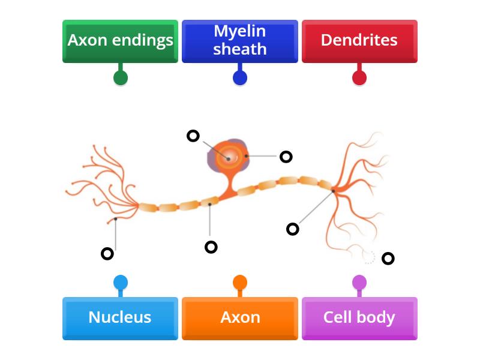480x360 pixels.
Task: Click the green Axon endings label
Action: pos(120,41)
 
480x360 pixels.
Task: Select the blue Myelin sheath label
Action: pos(240,41)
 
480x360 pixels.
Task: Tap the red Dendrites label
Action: pos(359,41)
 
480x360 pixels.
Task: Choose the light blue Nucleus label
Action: pos(120,317)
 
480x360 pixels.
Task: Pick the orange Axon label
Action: pos(240,317)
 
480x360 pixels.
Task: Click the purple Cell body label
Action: pos(359,317)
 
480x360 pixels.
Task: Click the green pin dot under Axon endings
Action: pos(121,77)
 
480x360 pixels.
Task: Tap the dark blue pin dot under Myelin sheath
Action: pos(240,77)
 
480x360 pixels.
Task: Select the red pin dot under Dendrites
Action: pos(359,77)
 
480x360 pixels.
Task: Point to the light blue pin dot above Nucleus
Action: pos(121,283)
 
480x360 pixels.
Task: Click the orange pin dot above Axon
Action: pos(240,283)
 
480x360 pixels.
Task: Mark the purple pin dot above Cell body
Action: pos(359,283)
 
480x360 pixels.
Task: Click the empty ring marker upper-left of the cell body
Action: pos(193,136)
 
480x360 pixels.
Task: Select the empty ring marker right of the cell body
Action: pos(286,157)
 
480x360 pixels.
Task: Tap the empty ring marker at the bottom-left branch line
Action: pos(107,254)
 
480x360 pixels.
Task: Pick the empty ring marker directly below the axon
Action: pos(211,247)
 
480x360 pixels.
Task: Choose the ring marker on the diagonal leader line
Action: pos(293,229)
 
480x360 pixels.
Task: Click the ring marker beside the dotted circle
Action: pos(388,259)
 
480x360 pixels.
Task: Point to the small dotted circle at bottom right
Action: pos(369,257)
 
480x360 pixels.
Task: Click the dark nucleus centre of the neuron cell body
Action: pos(229,158)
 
